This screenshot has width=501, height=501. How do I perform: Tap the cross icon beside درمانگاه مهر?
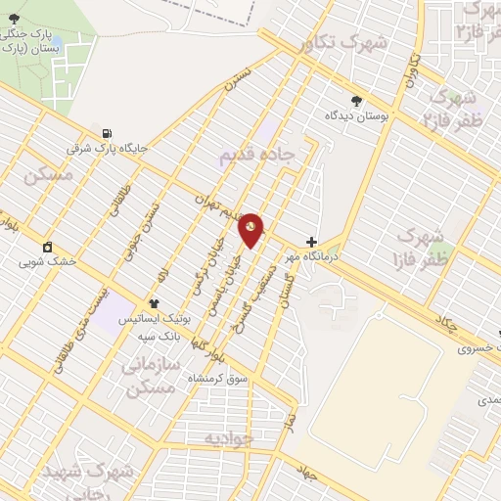click(x=311, y=242)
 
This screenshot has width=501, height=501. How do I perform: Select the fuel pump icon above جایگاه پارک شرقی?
click(x=106, y=133)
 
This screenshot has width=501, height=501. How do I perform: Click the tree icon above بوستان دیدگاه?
click(x=356, y=101)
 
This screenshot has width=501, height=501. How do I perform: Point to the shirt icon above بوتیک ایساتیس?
click(x=155, y=304)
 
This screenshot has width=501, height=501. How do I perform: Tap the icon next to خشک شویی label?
click(x=46, y=246)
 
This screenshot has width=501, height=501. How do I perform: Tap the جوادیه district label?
click(x=229, y=438)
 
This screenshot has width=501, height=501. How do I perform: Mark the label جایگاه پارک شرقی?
click(x=107, y=149)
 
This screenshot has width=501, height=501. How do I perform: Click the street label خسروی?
click(x=478, y=348)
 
